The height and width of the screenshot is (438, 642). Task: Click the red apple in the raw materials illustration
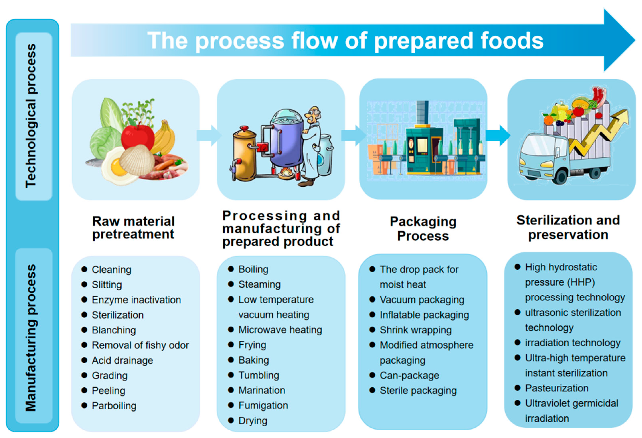pos(137,137)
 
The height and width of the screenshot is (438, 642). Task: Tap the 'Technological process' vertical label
pos(31,116)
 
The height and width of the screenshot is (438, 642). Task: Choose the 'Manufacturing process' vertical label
pos(31,338)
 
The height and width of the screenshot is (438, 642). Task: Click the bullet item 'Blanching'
pos(113,330)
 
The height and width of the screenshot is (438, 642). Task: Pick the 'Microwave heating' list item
pos(280,330)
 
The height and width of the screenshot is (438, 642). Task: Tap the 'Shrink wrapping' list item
pos(415,330)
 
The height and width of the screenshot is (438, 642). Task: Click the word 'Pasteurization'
pos(557,388)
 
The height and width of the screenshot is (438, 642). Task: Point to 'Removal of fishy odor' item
pos(140,345)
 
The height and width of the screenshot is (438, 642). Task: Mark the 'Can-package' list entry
pos(409,376)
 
